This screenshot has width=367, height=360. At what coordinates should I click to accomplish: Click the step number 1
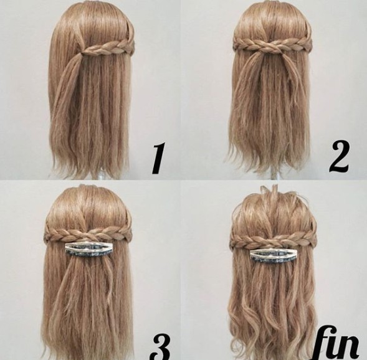click(x=158, y=158)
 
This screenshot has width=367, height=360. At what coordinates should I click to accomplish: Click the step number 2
click(x=339, y=157)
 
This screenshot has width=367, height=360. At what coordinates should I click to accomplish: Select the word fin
click(x=337, y=343)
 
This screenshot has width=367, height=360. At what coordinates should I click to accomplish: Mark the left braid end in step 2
click(x=236, y=44)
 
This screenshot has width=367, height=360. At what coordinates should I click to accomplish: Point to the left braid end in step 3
click(x=47, y=237)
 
